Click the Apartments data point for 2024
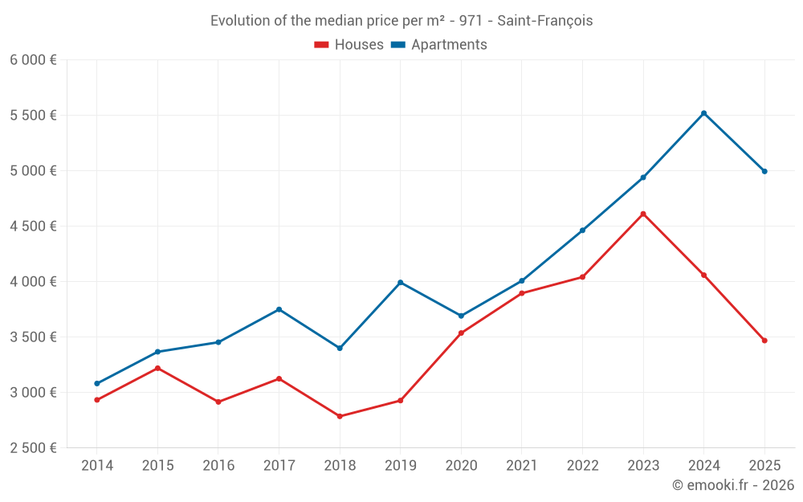(x=704, y=113)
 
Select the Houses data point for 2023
(x=643, y=214)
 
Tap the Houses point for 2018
(x=340, y=416)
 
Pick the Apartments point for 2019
(x=401, y=282)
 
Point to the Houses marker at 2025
(x=764, y=341)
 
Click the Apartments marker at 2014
(x=97, y=383)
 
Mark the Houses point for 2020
(x=461, y=333)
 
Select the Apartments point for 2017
(x=279, y=309)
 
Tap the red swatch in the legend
(x=321, y=45)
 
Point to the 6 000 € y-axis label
(x=33, y=60)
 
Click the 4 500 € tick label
(x=33, y=227)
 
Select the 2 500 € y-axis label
(x=33, y=448)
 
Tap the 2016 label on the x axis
(x=218, y=466)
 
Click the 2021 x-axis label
(x=522, y=466)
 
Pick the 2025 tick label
(x=764, y=466)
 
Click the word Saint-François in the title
(x=545, y=21)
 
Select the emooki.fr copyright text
(x=732, y=485)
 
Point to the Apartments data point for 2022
(x=582, y=231)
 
